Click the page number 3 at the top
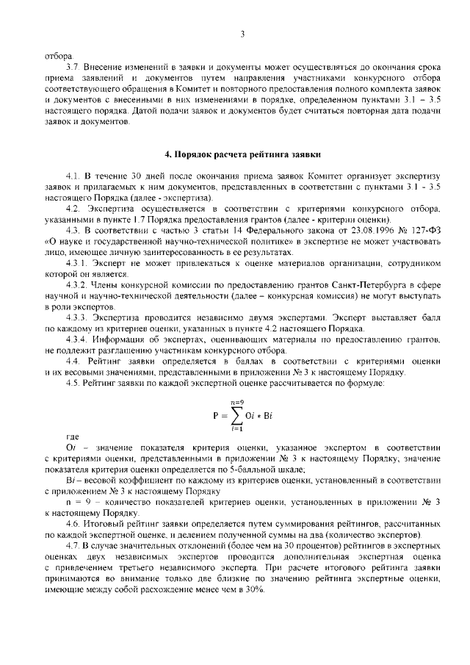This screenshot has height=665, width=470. pos(242,34)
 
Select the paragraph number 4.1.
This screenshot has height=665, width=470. pos(73,177)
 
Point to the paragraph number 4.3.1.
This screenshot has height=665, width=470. pos(77,262)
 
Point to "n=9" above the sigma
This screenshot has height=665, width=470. pos(236,401)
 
